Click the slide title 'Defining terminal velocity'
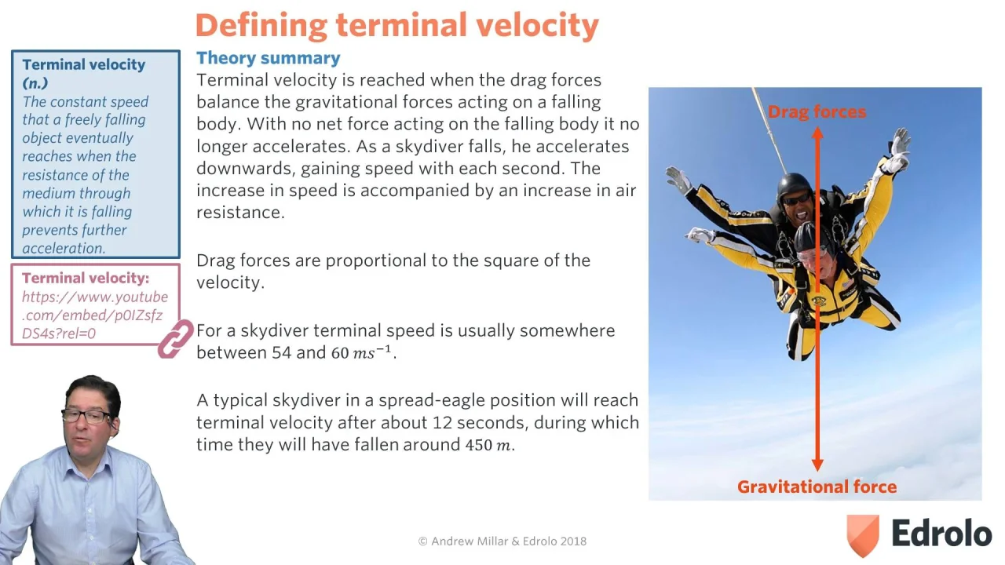(x=397, y=26)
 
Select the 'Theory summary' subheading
(x=269, y=58)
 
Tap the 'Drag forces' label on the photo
(x=817, y=111)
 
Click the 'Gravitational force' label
(x=817, y=487)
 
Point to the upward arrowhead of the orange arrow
(x=817, y=133)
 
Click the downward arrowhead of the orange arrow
(x=817, y=465)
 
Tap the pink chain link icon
(x=175, y=338)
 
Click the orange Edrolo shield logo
(x=862, y=535)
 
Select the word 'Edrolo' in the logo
(x=941, y=533)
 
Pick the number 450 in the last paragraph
(x=479, y=445)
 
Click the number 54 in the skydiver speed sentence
(x=282, y=352)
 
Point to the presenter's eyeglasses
(x=88, y=417)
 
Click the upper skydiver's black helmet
(x=795, y=185)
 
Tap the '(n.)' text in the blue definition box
(x=35, y=83)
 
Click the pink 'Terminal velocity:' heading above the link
(x=86, y=278)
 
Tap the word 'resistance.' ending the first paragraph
(x=240, y=213)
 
